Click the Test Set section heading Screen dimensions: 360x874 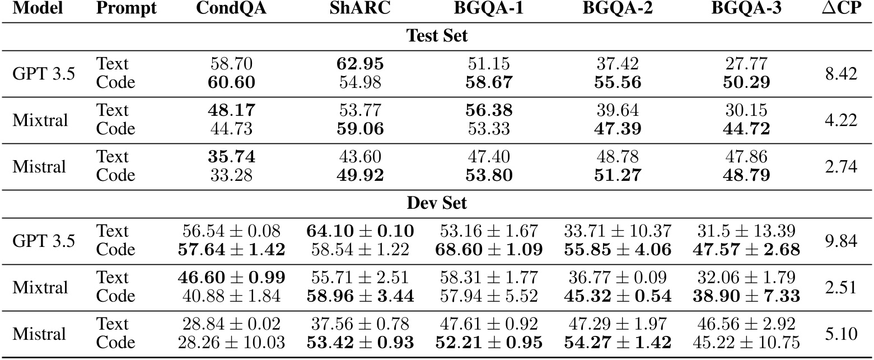[437, 36]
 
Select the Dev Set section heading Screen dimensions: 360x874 [437, 203]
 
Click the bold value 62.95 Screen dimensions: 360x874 [360, 64]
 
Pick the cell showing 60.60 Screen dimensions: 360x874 [231, 82]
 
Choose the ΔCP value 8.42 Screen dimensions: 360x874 [840, 73]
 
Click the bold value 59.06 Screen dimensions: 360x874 [360, 129]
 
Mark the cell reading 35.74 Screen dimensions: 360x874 [231, 156]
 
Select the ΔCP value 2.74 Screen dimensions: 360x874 [840, 166]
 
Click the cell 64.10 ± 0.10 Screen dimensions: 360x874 [360, 231]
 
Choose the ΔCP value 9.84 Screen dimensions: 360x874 [840, 240]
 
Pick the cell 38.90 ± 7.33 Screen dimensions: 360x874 [746, 296]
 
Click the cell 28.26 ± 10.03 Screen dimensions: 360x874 [231, 342]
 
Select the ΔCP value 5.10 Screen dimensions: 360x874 [840, 333]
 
